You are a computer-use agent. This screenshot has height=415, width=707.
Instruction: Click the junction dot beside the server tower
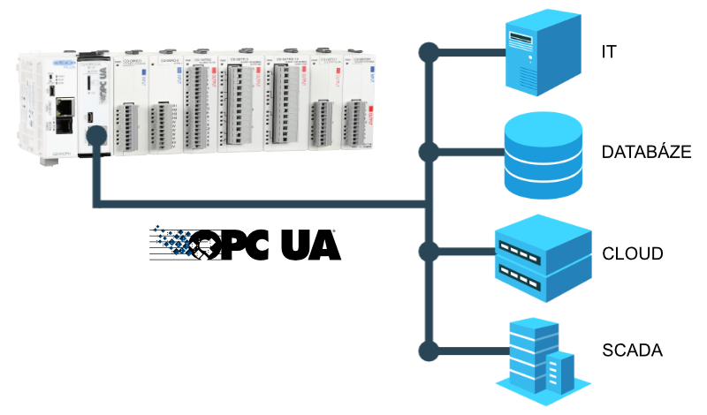429,52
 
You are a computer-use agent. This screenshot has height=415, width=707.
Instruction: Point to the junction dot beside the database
429,152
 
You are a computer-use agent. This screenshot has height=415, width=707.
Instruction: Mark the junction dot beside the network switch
429,253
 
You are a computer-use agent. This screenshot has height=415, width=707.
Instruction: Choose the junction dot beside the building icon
429,352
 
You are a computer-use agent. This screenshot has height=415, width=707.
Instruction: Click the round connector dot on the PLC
95,136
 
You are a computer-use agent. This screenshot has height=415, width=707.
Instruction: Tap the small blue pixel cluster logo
175,240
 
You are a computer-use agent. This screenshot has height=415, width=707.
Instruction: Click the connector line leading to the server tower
468,52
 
